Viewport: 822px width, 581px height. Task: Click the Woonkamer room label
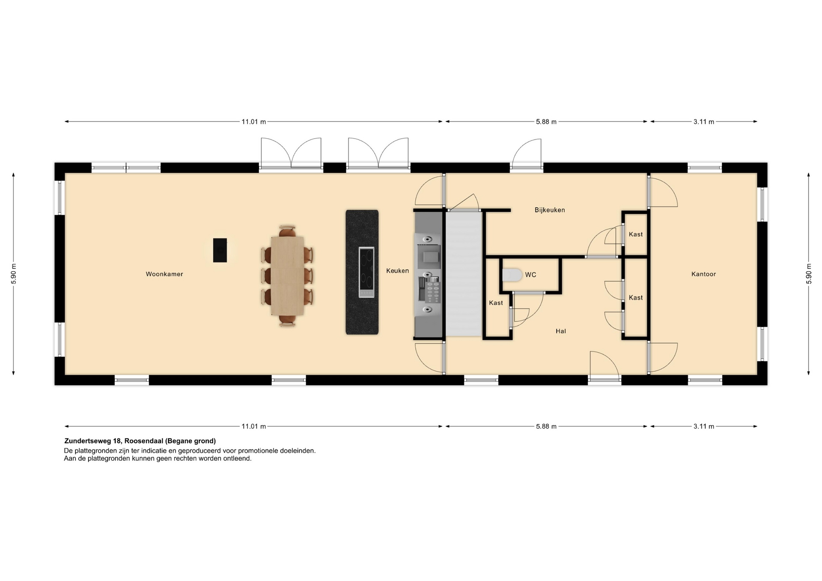(164, 274)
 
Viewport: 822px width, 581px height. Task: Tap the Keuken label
(397, 271)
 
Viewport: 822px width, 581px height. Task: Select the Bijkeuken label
(550, 210)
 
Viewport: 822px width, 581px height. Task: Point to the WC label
(530, 275)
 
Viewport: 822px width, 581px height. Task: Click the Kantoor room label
(703, 274)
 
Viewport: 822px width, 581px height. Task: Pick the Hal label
(561, 331)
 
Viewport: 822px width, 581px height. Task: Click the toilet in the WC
(512, 275)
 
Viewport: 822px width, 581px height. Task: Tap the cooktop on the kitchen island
(366, 272)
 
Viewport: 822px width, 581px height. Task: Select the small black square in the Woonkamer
(220, 250)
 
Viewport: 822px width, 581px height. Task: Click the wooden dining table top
(287, 276)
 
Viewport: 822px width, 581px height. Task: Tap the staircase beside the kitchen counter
(464, 274)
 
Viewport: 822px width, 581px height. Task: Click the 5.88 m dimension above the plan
(546, 122)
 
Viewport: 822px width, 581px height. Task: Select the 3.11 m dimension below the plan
(704, 426)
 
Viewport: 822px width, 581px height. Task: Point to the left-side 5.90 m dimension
(14, 274)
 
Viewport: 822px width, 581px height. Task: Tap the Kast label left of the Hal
(496, 303)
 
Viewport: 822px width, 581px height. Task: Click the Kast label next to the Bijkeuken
(636, 234)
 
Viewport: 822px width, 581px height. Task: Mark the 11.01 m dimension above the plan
(253, 122)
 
